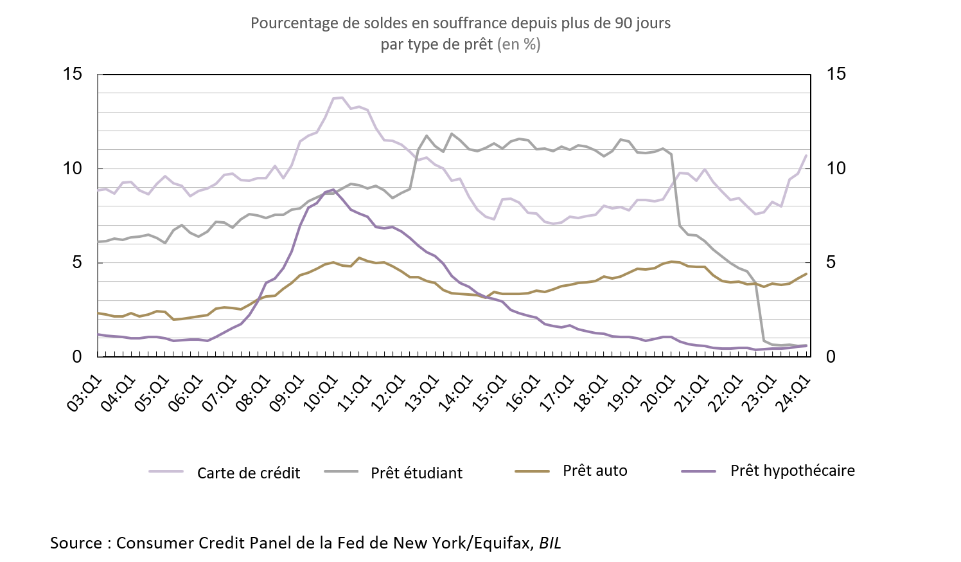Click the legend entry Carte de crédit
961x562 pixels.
click(x=248, y=473)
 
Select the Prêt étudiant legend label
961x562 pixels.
click(x=416, y=473)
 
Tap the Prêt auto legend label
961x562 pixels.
click(x=595, y=471)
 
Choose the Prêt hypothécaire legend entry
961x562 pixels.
click(x=792, y=471)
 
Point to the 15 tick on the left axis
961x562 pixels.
click(x=73, y=74)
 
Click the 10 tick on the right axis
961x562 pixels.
click(x=836, y=168)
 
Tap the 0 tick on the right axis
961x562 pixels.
click(x=831, y=357)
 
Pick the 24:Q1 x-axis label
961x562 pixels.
click(x=794, y=394)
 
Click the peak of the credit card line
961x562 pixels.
click(x=342, y=98)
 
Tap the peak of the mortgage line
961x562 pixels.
click(x=333, y=190)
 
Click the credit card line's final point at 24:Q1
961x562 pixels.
click(x=806, y=155)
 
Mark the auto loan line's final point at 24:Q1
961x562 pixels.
click(x=806, y=274)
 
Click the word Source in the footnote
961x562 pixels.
click(x=76, y=543)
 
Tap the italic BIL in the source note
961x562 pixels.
click(x=550, y=543)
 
